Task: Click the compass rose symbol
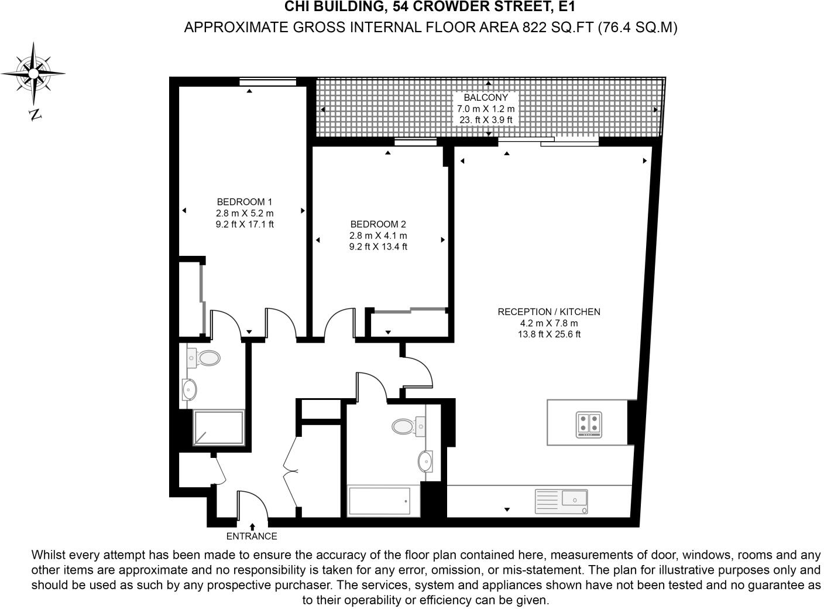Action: pos(33,74)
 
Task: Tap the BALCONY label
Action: pos(486,98)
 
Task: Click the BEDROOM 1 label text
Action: pos(245,202)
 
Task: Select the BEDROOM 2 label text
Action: pos(378,224)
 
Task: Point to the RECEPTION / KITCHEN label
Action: pos(549,312)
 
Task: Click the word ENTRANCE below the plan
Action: pos(252,536)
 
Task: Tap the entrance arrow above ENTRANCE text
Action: pos(252,526)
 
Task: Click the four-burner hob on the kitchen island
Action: pos(589,425)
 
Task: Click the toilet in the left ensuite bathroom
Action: pos(205,357)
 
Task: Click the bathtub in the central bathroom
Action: pos(379,501)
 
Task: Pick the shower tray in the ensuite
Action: pos(218,427)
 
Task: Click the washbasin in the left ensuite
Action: pos(190,388)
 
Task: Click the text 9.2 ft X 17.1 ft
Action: pos(245,224)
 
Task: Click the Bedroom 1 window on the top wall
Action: pos(267,82)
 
